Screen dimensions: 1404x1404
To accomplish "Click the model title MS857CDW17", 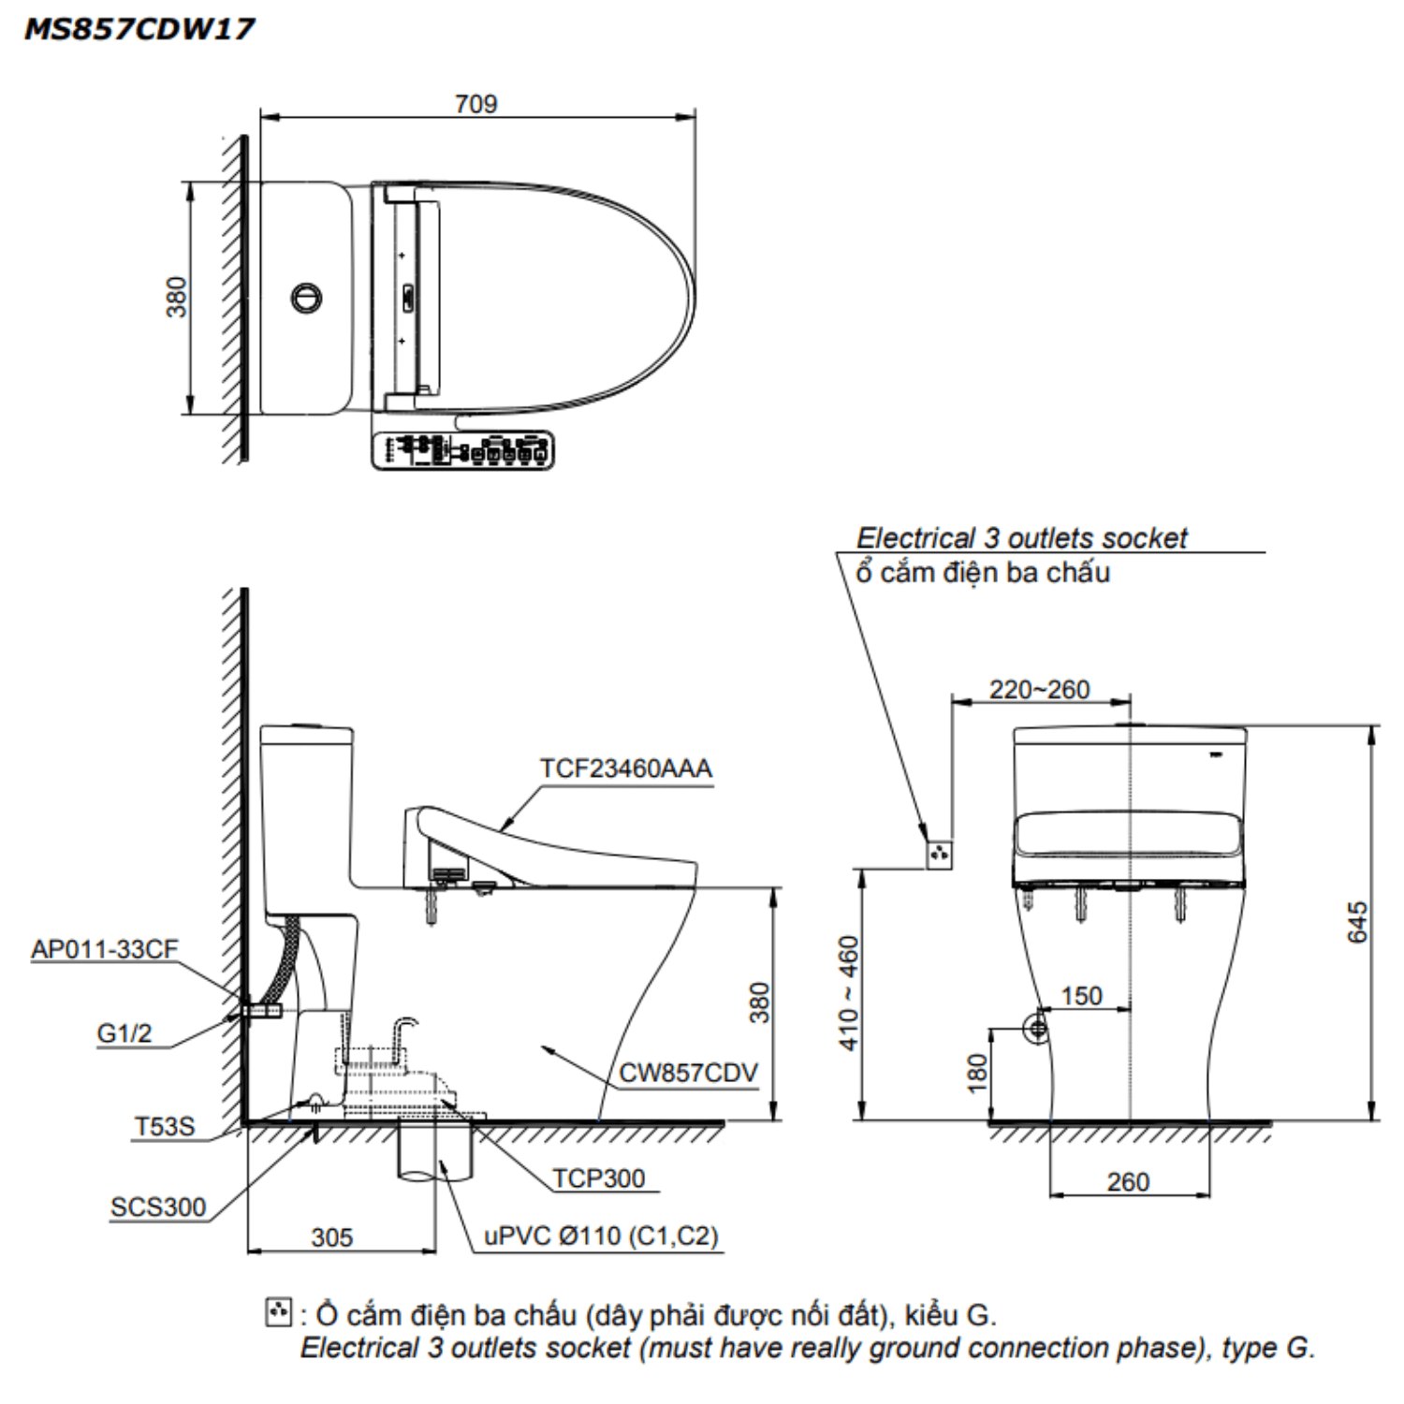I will click(x=139, y=29).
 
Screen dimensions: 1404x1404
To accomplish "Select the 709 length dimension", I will click(x=475, y=104).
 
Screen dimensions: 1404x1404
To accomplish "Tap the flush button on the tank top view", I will click(x=306, y=299).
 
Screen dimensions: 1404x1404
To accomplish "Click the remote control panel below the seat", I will click(x=462, y=450).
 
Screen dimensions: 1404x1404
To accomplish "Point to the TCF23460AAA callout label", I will click(x=625, y=768).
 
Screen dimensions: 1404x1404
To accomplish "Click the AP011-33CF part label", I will click(x=104, y=949).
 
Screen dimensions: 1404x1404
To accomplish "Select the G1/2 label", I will click(x=124, y=1033).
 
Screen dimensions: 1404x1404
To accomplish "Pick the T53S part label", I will click(x=165, y=1126).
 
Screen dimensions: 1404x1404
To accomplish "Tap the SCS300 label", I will click(x=157, y=1207).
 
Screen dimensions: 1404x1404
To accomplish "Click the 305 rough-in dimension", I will click(x=331, y=1237).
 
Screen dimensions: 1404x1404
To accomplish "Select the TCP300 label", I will click(x=598, y=1178).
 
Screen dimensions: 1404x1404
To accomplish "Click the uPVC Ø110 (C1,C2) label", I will click(x=601, y=1236).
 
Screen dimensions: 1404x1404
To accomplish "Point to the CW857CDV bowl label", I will click(x=688, y=1073).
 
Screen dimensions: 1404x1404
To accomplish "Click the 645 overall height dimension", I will click(x=1357, y=922).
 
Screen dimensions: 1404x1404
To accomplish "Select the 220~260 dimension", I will click(x=1039, y=690).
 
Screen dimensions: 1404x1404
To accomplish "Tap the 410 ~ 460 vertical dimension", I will click(x=848, y=992).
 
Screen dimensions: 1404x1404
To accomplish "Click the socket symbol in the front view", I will click(x=939, y=854).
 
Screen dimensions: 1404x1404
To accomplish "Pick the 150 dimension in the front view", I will click(x=1081, y=996).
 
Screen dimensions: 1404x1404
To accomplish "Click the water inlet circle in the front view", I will click(x=1036, y=1029).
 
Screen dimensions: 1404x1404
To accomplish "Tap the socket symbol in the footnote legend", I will click(x=278, y=1312).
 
